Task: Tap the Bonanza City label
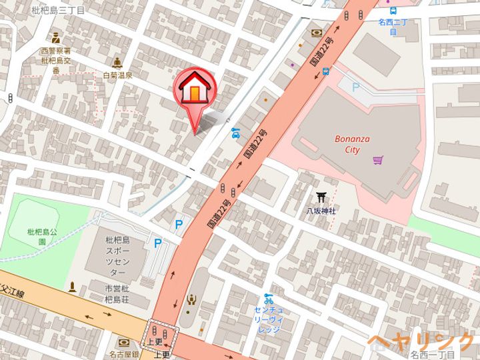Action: click(x=352, y=145)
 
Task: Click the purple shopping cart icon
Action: click(x=379, y=160)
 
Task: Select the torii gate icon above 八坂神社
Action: click(x=321, y=197)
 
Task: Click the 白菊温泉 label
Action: click(x=117, y=75)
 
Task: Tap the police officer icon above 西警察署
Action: click(x=55, y=38)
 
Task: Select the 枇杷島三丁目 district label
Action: click(x=58, y=11)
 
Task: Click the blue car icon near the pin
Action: click(x=235, y=133)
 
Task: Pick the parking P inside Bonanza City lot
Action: click(x=355, y=87)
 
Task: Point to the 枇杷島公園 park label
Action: click(x=37, y=237)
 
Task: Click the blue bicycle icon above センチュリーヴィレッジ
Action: click(x=268, y=298)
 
